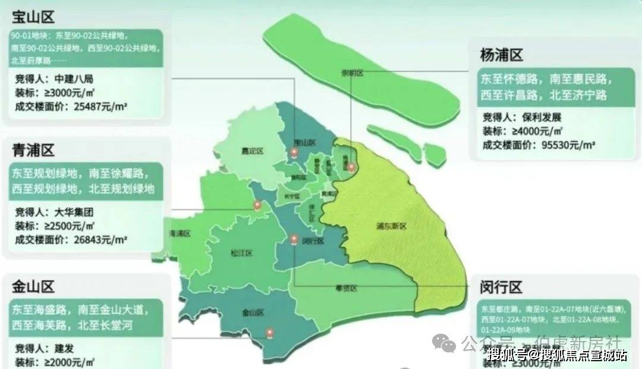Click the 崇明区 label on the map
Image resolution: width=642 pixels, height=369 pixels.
[352, 73]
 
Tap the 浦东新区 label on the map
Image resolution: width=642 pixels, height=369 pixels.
[391, 226]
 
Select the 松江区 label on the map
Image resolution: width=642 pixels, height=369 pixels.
[241, 253]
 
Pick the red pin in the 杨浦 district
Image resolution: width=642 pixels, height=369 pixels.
[351, 167]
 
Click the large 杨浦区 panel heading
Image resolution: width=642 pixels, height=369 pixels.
[501, 56]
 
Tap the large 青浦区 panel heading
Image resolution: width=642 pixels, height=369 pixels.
[33, 149]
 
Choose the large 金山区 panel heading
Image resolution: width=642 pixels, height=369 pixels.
[33, 287]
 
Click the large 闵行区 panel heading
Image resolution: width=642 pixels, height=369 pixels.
[501, 288]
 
